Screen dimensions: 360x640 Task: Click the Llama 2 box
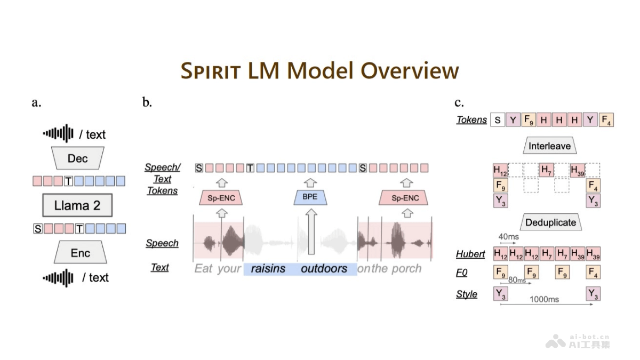pyautogui.click(x=77, y=205)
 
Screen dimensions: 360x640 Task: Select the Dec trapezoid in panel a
pyautogui.click(x=77, y=158)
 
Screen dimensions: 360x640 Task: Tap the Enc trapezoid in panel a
pyautogui.click(x=80, y=253)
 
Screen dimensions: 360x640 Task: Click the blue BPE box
pyautogui.click(x=309, y=197)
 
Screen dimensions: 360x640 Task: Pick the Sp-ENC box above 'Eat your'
pyautogui.click(x=221, y=198)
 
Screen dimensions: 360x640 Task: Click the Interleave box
pyautogui.click(x=549, y=146)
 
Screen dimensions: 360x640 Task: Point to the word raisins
pyautogui.click(x=268, y=268)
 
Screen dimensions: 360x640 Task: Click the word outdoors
pyautogui.click(x=324, y=268)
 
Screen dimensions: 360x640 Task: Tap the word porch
pyautogui.click(x=406, y=268)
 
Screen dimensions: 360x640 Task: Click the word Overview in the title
pyautogui.click(x=409, y=71)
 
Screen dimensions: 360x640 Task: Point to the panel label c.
pyautogui.click(x=459, y=103)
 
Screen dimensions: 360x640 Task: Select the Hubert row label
pyautogui.click(x=470, y=254)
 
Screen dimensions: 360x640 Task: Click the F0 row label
pyautogui.click(x=461, y=273)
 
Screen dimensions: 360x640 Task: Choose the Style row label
pyautogui.click(x=467, y=294)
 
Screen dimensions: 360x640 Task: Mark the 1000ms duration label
pyautogui.click(x=544, y=299)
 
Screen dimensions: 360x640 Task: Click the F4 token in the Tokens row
pyautogui.click(x=606, y=120)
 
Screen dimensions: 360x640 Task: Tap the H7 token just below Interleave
pyautogui.click(x=547, y=171)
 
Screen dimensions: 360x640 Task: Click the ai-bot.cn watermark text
pyautogui.click(x=589, y=337)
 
